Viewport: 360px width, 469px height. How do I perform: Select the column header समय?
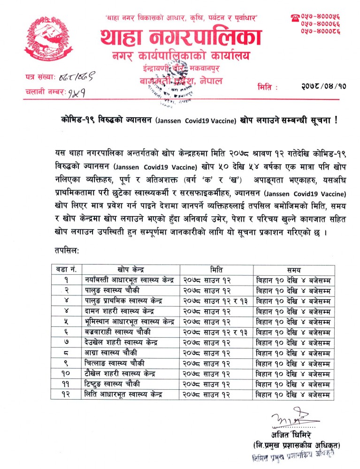(x=293, y=270)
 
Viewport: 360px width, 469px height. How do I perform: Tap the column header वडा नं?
(x=68, y=270)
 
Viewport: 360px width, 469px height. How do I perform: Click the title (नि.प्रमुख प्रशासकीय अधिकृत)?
(x=297, y=445)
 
